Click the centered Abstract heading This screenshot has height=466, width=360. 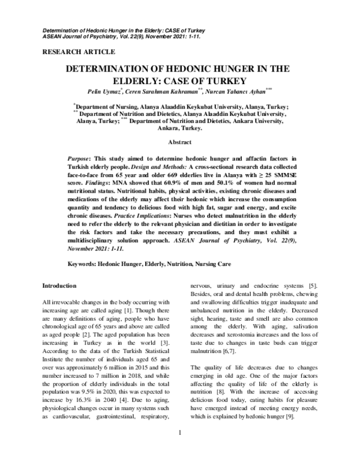pyautogui.click(x=179, y=142)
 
